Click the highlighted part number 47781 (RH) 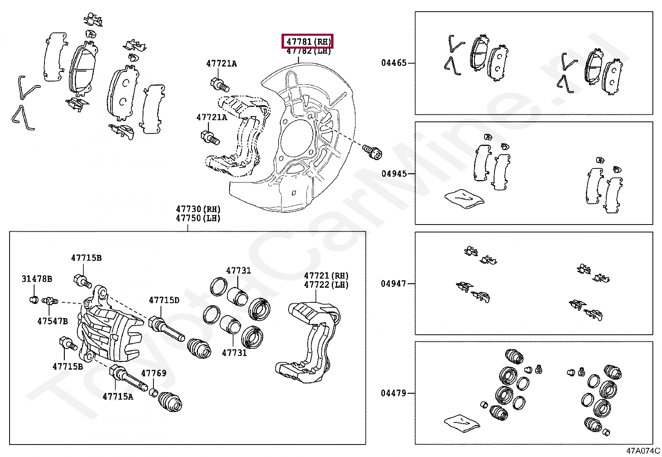[308, 42]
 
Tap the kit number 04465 [394, 63]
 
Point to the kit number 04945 [394, 173]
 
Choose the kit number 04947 [393, 284]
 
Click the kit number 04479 [393, 393]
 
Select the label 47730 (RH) [198, 209]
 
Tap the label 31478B [37, 279]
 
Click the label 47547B [52, 321]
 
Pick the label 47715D [164, 300]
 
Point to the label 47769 [154, 373]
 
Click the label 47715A [118, 396]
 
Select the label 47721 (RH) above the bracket [326, 275]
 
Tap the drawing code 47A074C [643, 450]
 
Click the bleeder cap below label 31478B [35, 299]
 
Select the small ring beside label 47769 [153, 392]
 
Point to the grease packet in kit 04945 [464, 198]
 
